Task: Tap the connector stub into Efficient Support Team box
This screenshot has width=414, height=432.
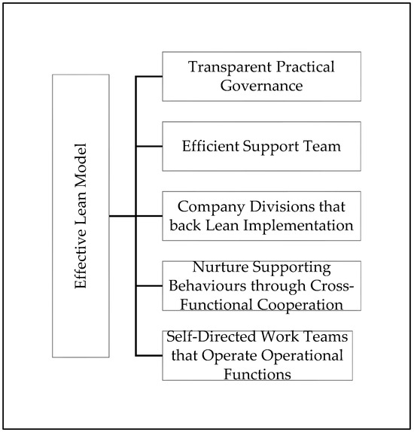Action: click(149, 146)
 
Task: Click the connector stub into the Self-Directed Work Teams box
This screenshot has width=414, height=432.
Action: click(149, 354)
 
